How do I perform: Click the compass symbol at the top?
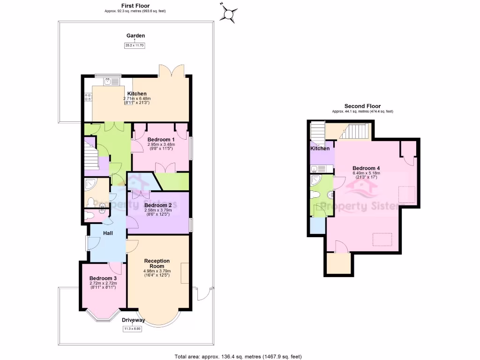point(228,14)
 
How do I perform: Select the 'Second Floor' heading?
point(362,106)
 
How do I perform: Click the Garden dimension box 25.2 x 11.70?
point(135,45)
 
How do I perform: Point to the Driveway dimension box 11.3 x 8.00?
point(132,329)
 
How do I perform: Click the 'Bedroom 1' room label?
point(161,140)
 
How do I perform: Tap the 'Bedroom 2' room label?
point(158,205)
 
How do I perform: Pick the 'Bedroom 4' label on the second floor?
point(366,168)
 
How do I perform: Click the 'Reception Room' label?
point(157,263)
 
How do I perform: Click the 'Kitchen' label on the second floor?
point(320,149)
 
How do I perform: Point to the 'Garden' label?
point(135,36)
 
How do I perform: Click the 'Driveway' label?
point(133,320)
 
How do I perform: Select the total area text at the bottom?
point(238,356)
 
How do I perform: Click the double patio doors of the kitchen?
point(171,70)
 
